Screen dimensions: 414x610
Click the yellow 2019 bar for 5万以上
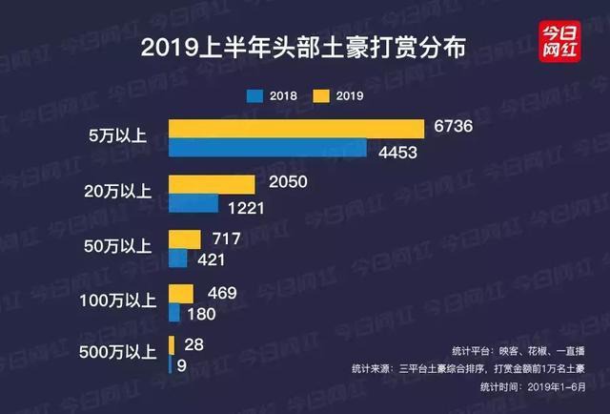[295, 129]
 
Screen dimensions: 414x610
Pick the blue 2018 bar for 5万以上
[267, 149]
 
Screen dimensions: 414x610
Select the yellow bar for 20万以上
[212, 184]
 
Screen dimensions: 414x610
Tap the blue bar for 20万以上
[193, 204]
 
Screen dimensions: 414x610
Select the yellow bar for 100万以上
[181, 293]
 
